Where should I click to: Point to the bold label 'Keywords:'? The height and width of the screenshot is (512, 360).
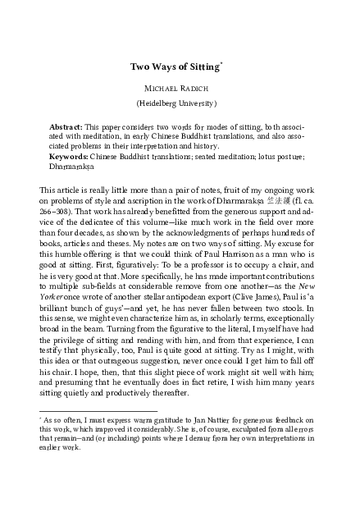pos(69,154)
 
